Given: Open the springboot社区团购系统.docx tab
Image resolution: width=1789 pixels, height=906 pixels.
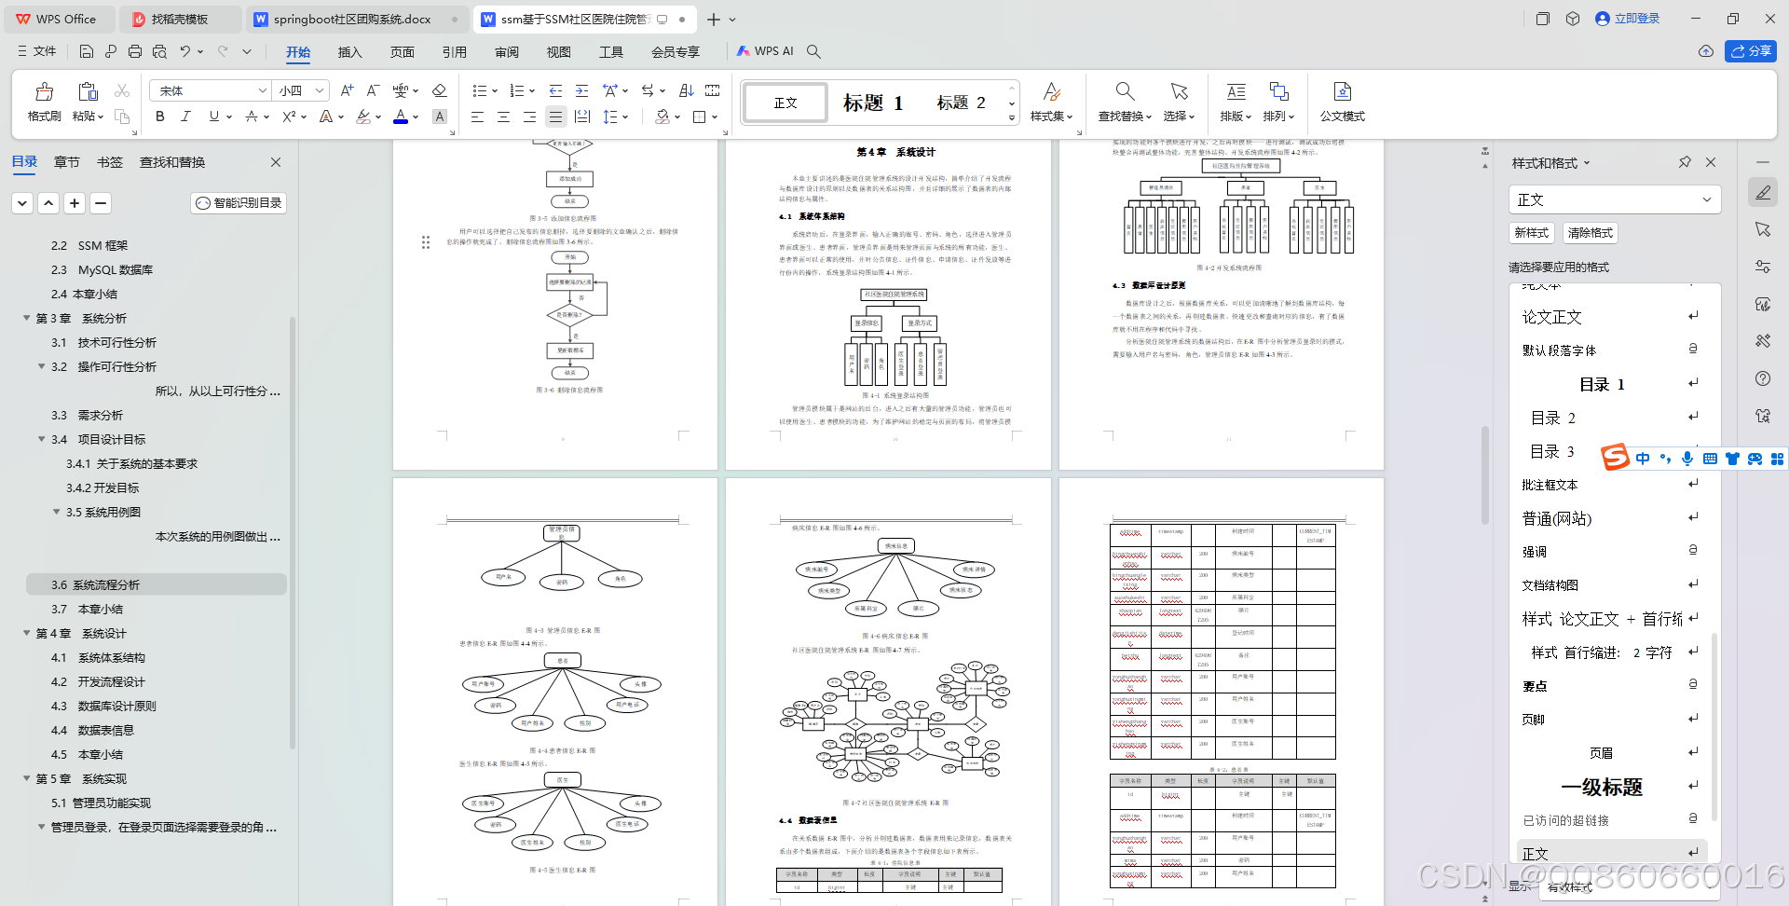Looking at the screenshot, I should coord(351,19).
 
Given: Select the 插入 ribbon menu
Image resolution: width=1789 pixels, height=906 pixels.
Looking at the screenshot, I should coord(349,52).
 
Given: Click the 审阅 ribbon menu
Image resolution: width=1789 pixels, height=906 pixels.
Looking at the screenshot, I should coord(507,52).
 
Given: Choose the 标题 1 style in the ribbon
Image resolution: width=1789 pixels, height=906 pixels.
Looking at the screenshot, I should coord(872,103).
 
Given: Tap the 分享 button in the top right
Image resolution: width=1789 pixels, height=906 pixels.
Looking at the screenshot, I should coord(1750,51).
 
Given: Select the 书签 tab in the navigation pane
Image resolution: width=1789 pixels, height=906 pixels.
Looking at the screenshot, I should coord(110,162).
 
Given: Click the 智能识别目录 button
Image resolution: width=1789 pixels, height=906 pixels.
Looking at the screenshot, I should coord(239,203).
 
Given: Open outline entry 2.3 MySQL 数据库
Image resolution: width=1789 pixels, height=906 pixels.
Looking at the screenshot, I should coord(115,270).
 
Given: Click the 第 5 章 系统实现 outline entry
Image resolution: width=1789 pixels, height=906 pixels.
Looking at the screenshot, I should coord(80,779).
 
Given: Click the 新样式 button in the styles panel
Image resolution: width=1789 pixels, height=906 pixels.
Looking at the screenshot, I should coord(1531,233).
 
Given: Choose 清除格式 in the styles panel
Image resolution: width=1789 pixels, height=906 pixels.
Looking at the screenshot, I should coord(1590,233).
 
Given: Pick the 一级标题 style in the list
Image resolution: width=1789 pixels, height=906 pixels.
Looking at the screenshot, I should coord(1601,787).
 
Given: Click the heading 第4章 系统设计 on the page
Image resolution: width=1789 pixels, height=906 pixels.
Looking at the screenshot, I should coord(895,152).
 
